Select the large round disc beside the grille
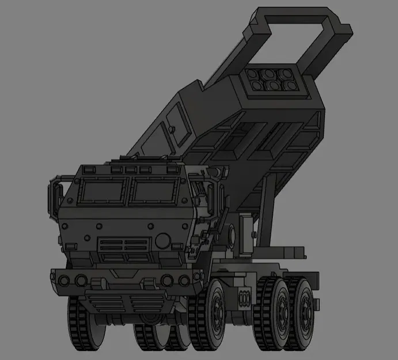point(164,240)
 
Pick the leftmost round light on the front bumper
point(64,280)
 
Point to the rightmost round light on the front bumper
point(184,281)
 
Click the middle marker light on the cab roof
point(132,168)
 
